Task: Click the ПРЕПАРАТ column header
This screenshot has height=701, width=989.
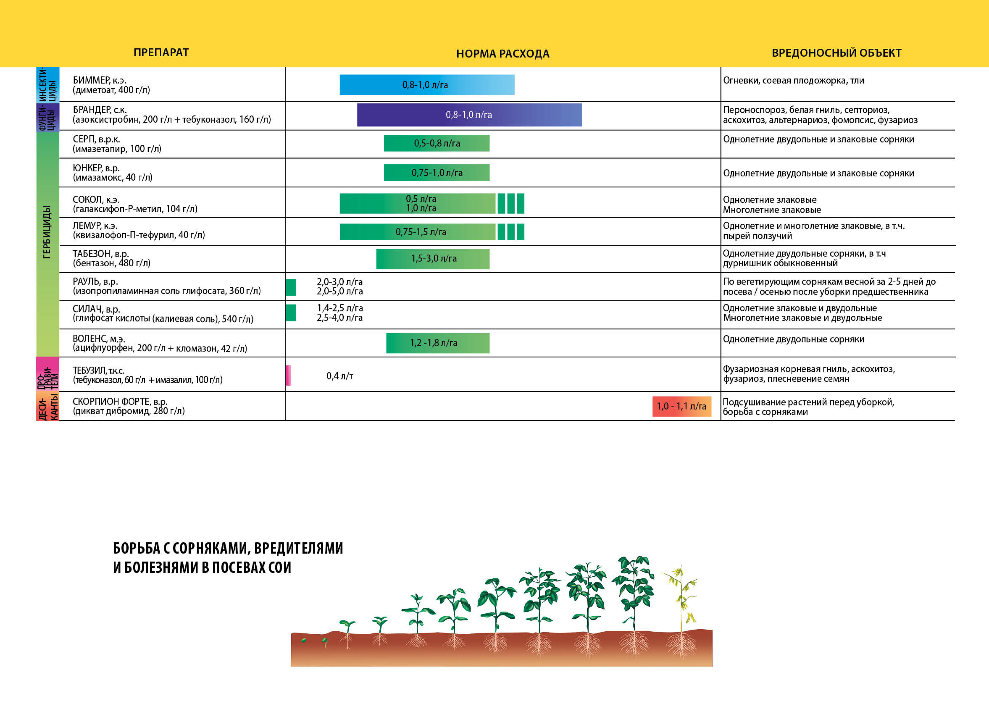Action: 161,53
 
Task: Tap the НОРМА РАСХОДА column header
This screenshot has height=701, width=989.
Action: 502,54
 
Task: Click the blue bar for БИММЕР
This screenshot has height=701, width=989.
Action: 427,85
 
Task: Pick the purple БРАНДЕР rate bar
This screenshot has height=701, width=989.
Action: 469,115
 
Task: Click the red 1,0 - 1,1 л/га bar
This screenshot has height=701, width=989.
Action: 681,406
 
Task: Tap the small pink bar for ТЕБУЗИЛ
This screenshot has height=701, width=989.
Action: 288,375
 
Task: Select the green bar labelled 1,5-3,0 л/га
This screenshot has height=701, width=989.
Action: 433,258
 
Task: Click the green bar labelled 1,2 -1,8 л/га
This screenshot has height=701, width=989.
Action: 437,343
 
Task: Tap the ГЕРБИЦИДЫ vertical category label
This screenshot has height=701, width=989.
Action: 47,232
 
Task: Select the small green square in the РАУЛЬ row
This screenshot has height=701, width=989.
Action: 291,287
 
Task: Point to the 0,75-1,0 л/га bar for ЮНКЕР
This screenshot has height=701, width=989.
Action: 436,173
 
